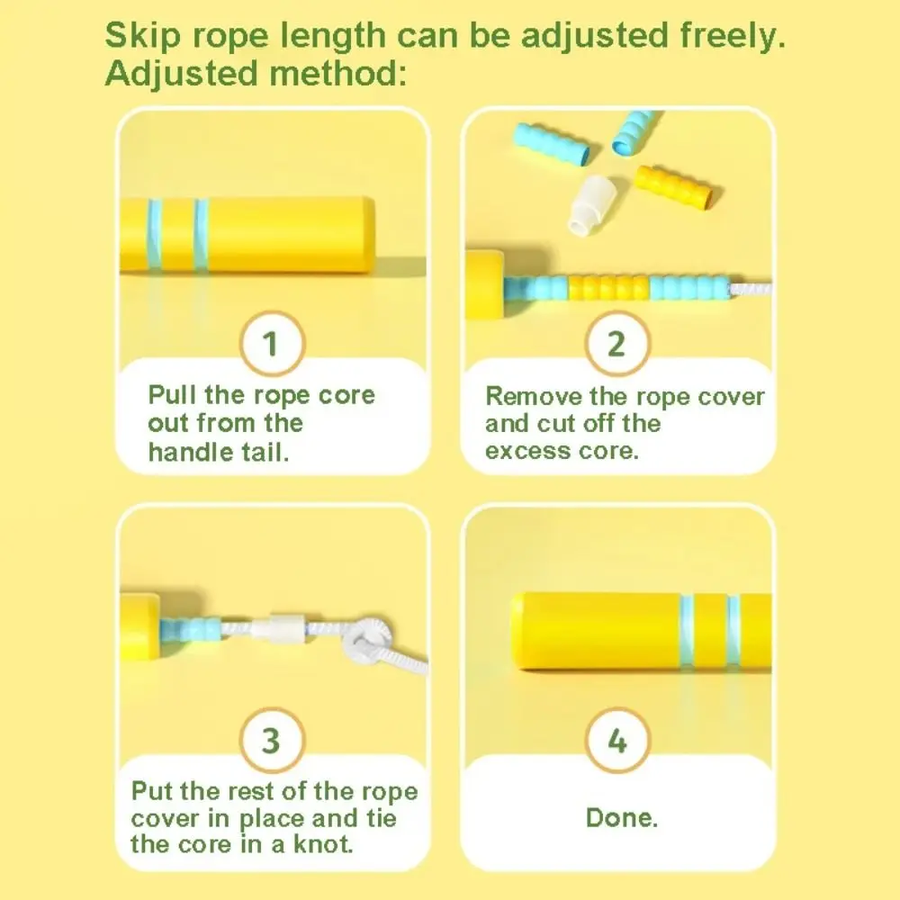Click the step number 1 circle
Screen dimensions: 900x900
[x=272, y=343]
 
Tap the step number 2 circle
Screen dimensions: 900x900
[x=617, y=343]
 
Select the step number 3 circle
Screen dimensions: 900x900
[x=272, y=740]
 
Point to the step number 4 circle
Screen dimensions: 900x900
[x=617, y=740]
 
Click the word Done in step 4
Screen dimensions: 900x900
[x=621, y=817]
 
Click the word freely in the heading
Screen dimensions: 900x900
[x=733, y=36]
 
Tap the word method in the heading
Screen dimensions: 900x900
[x=337, y=74]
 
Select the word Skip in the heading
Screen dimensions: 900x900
[x=143, y=36]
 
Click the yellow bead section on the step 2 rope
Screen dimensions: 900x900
[x=609, y=287]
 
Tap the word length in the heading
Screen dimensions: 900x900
[x=333, y=36]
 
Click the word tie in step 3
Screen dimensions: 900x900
[x=381, y=817]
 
